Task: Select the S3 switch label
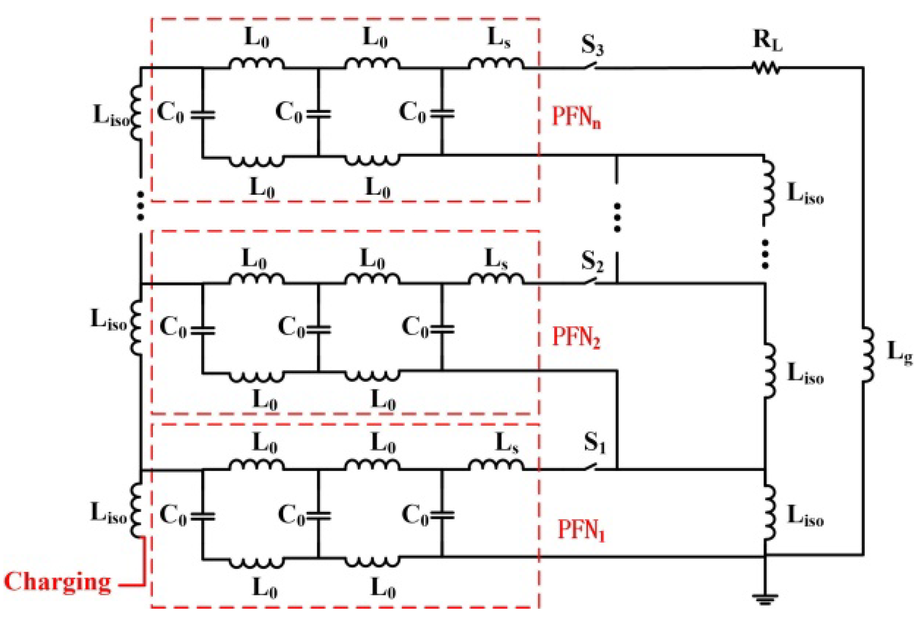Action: (592, 45)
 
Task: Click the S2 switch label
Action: (592, 261)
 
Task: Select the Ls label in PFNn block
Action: (499, 39)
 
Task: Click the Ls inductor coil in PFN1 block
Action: (496, 465)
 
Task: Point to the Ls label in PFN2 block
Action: (496, 260)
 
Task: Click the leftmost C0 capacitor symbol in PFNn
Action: (203, 115)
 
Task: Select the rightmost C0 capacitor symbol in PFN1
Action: (442, 515)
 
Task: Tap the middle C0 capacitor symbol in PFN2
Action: (318, 329)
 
